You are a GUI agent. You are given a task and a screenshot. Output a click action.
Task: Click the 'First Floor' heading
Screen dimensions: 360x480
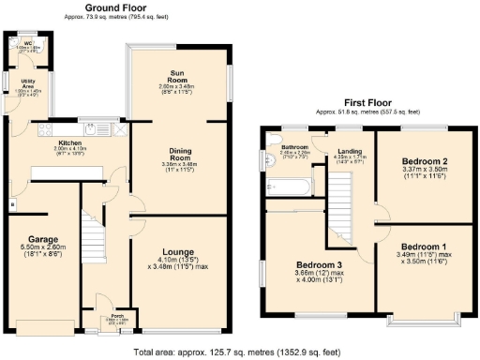pyautogui.click(x=367, y=101)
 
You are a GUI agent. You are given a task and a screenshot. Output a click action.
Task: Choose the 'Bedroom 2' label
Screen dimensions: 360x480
pyautogui.click(x=417, y=160)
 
